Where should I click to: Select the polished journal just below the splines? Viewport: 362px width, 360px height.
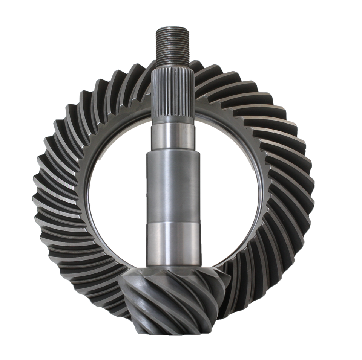[173, 137]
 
